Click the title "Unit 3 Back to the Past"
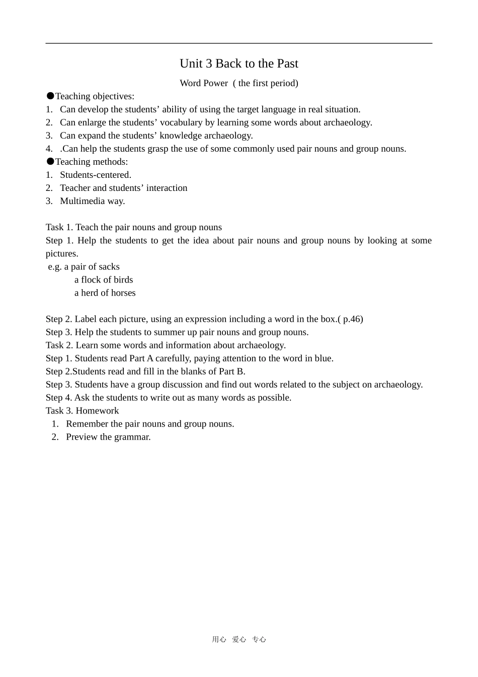238,63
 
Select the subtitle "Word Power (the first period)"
238,83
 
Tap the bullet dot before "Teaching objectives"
50,96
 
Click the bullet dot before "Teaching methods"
50,161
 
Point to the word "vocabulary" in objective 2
181,122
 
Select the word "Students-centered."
96,175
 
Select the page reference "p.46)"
353,319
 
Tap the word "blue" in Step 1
324,358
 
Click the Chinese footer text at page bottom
238,639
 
